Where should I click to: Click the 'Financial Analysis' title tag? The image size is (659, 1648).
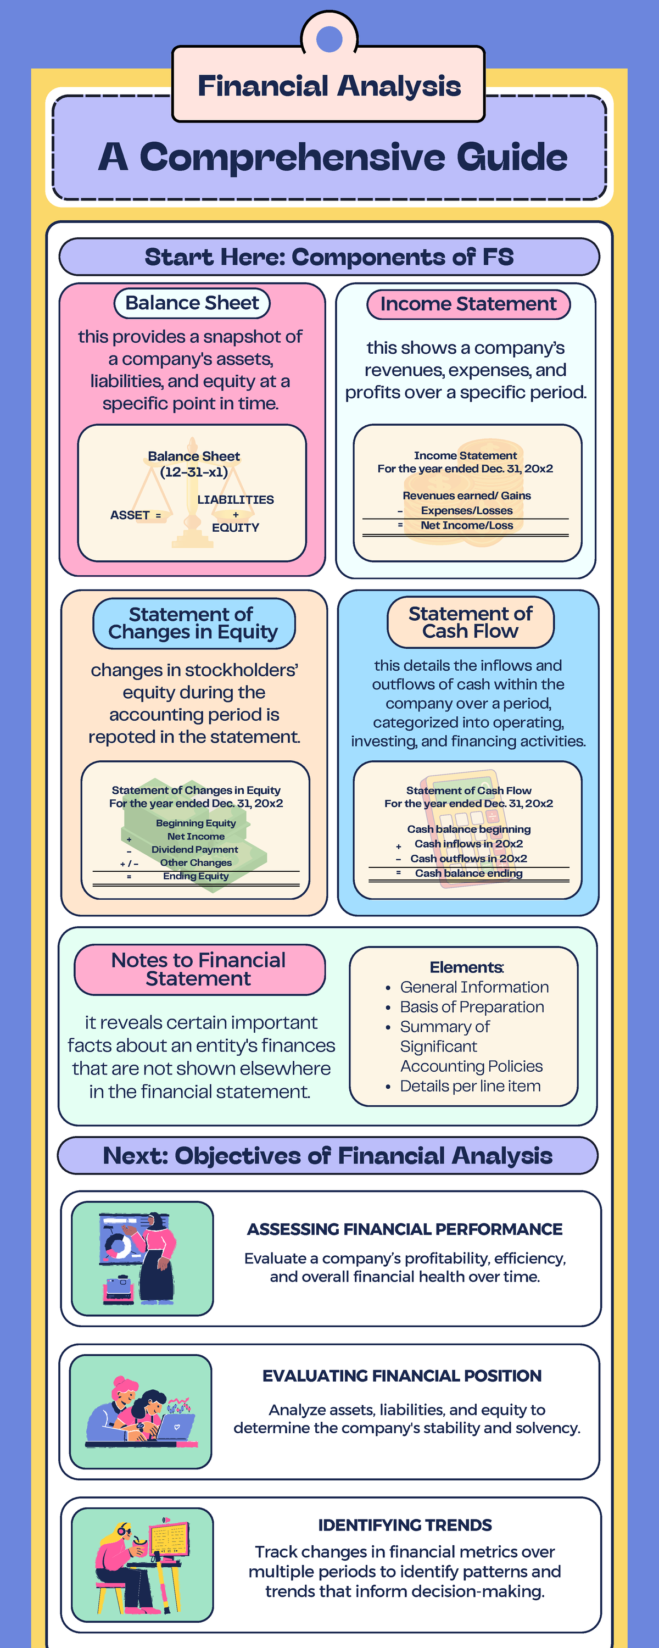click(x=329, y=85)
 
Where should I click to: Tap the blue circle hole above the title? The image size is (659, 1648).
click(x=329, y=40)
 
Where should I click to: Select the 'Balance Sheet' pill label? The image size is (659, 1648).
click(x=192, y=303)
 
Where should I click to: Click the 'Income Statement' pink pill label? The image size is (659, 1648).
click(x=468, y=304)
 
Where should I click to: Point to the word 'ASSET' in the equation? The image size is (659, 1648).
click(x=130, y=515)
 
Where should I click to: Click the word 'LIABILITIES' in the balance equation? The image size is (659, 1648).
click(x=236, y=500)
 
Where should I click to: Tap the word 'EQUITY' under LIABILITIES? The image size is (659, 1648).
click(x=236, y=528)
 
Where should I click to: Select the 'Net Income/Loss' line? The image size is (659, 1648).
click(x=466, y=525)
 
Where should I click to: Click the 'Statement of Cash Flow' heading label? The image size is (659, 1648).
click(x=470, y=622)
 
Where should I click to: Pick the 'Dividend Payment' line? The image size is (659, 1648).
click(x=194, y=850)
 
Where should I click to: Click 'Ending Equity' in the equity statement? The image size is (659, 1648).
click(x=196, y=876)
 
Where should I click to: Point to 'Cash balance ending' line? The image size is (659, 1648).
click(x=468, y=873)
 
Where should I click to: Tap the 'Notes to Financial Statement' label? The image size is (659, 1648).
click(x=199, y=969)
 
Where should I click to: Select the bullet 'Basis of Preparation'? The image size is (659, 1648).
click(x=472, y=1007)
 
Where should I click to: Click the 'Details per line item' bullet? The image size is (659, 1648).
click(x=470, y=1085)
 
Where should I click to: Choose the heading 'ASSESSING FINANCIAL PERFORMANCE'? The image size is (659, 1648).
click(x=404, y=1229)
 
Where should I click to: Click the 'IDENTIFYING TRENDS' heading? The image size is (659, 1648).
click(x=404, y=1524)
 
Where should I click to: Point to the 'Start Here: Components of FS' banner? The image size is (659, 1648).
click(x=329, y=257)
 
